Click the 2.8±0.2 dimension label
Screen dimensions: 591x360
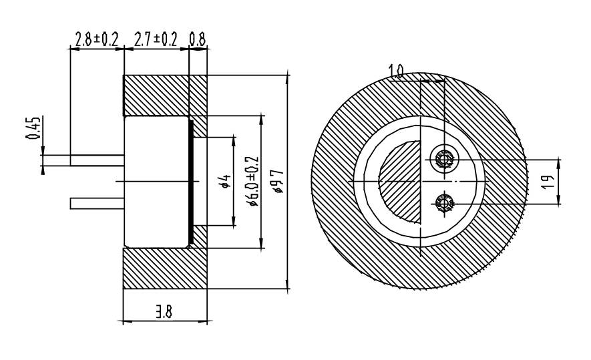click(97, 39)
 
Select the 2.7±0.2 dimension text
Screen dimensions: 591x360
click(156, 39)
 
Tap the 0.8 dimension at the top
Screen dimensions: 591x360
click(198, 39)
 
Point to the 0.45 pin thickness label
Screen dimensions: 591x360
click(33, 128)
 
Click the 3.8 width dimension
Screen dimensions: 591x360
click(164, 312)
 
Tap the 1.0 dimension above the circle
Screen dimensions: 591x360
click(396, 71)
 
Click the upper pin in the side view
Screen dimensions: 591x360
click(97, 160)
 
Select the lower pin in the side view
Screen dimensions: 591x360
click(97, 203)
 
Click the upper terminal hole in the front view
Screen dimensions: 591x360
click(445, 160)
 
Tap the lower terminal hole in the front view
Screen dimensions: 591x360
click(445, 204)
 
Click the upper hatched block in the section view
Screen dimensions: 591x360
click(165, 96)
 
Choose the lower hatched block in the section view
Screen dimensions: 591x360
click(165, 268)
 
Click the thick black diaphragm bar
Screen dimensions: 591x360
click(191, 182)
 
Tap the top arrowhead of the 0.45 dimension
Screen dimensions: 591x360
click(43, 150)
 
